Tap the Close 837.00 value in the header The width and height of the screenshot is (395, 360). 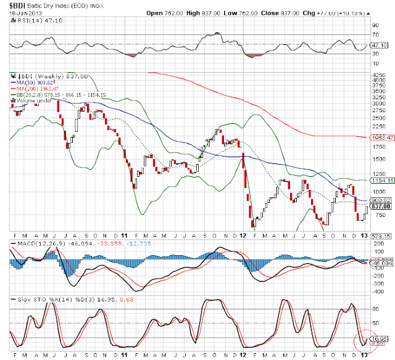tap(293, 12)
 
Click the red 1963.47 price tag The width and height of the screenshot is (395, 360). tap(380, 137)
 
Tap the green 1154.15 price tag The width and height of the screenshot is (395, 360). tap(380, 181)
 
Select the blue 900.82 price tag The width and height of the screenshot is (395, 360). tap(380, 200)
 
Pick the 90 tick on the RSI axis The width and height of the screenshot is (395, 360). tap(374, 25)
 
